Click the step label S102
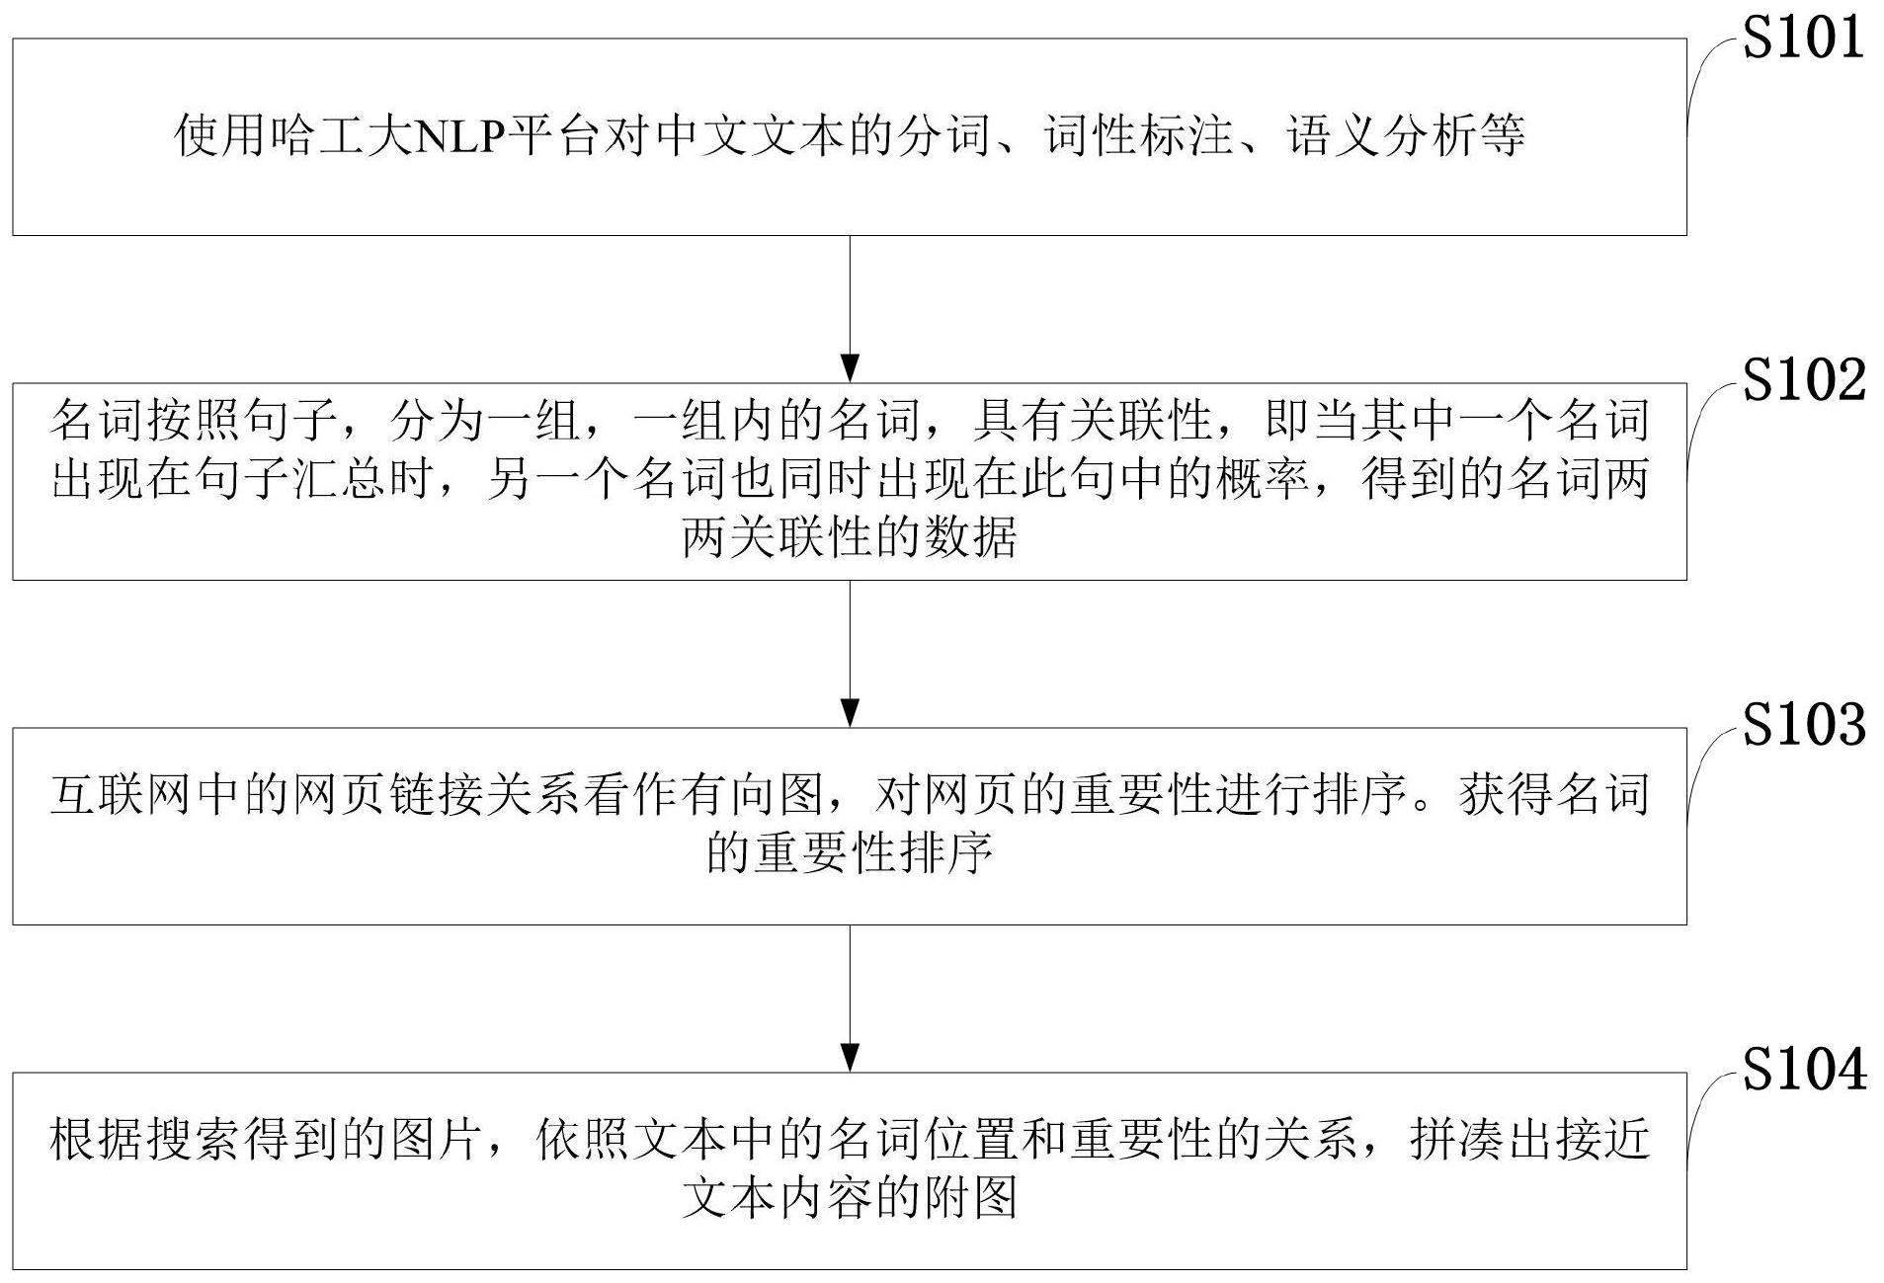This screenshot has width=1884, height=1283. click(x=1803, y=380)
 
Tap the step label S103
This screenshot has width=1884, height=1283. click(x=1803, y=725)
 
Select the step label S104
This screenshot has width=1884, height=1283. click(x=1803, y=1070)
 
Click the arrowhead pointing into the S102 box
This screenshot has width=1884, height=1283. click(x=849, y=367)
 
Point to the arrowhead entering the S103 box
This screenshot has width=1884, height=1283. click(x=849, y=712)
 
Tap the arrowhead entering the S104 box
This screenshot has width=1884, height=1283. click(x=849, y=1057)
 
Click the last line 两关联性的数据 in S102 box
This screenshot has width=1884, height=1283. click(x=849, y=538)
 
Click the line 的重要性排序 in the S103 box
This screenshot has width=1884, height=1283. click(x=849, y=853)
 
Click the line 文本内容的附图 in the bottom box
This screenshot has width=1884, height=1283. click(x=849, y=1198)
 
